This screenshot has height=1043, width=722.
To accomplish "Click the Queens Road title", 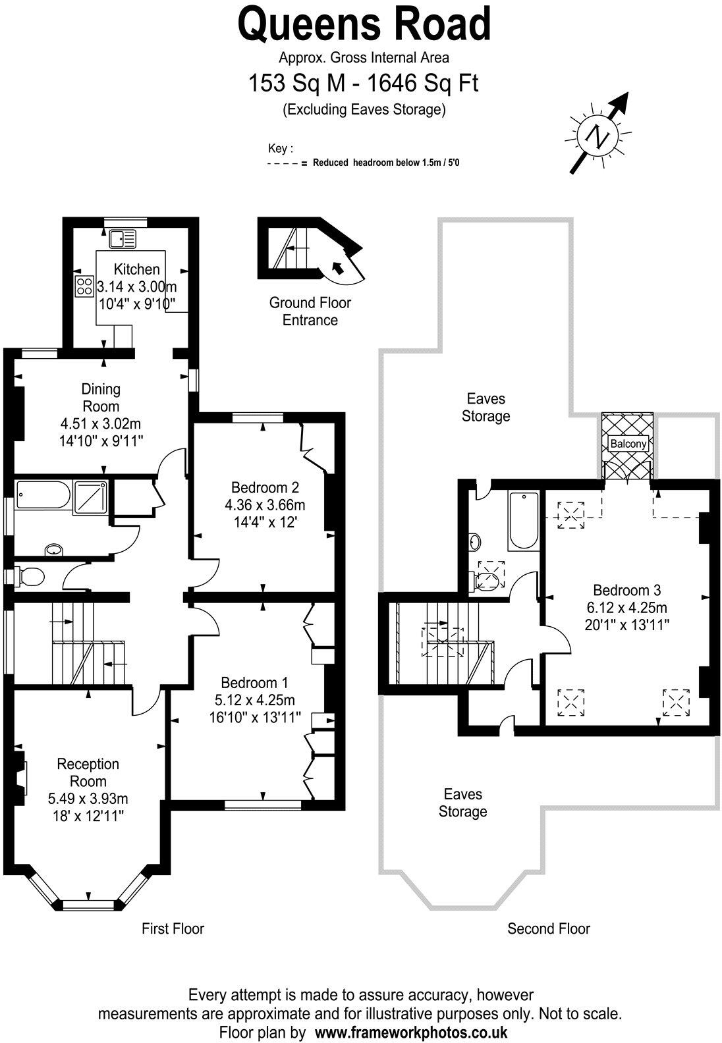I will [364, 24].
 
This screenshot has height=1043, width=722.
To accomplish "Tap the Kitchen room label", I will [137, 269].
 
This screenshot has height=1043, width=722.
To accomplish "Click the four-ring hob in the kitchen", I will [84, 286].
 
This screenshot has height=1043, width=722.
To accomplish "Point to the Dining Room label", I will [101, 397].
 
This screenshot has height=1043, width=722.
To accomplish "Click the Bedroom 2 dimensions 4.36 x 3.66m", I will [265, 505].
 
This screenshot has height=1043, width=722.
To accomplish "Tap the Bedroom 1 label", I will [254, 682].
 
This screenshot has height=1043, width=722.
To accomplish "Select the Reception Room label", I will [88, 772].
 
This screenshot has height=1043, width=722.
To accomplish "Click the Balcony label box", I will [628, 444].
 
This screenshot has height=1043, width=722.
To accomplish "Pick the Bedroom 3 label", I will [626, 590].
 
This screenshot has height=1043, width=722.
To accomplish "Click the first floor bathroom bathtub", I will [43, 495].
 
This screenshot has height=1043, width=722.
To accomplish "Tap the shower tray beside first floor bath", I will [92, 495].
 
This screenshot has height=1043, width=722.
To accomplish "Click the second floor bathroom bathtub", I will [523, 521].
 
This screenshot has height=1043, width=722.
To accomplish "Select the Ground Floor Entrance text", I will [310, 311].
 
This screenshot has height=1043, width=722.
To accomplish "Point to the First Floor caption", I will [173, 928].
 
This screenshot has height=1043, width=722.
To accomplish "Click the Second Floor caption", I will [548, 928].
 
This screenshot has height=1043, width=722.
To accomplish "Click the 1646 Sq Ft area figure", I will [422, 84].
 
